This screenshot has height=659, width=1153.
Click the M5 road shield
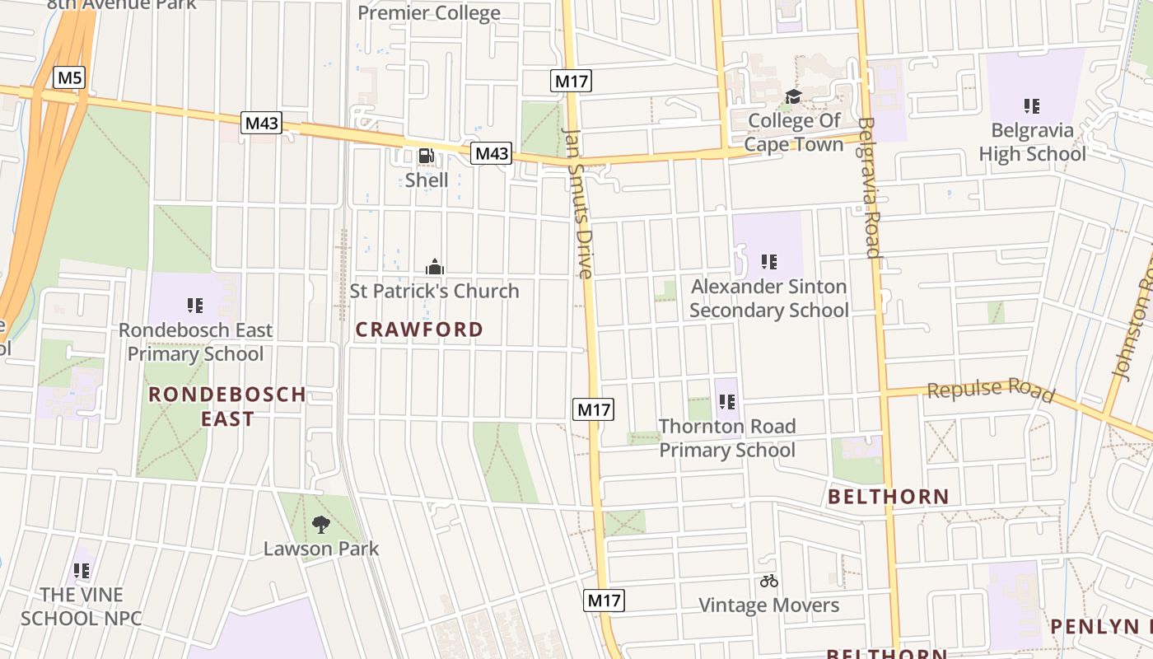tap(70, 78)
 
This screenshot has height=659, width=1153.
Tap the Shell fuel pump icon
tap(426, 156)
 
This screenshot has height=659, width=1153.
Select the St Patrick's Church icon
tap(434, 267)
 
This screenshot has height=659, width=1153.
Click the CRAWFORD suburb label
tap(419, 329)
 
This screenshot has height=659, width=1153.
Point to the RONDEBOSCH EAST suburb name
tap(227, 406)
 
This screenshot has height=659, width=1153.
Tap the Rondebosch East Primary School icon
tap(195, 306)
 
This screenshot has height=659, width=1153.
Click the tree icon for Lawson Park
tap(321, 524)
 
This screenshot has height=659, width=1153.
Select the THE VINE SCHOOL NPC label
tap(82, 606)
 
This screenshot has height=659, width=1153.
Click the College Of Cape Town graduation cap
tap(793, 97)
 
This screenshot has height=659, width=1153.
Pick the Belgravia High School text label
tap(1032, 142)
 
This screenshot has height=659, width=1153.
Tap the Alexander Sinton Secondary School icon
tap(768, 262)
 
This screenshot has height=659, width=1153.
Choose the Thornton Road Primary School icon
tap(726, 402)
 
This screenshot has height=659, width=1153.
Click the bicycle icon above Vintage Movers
tap(769, 581)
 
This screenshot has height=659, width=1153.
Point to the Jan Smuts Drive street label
tap(579, 203)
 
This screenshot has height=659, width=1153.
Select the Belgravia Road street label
tap(870, 188)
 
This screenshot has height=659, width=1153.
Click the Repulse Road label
tap(991, 390)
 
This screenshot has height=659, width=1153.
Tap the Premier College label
tap(429, 13)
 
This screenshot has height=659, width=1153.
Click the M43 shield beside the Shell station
tap(491, 153)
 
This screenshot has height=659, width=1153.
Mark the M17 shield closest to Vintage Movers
tap(605, 601)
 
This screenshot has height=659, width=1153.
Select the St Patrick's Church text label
tap(434, 291)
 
